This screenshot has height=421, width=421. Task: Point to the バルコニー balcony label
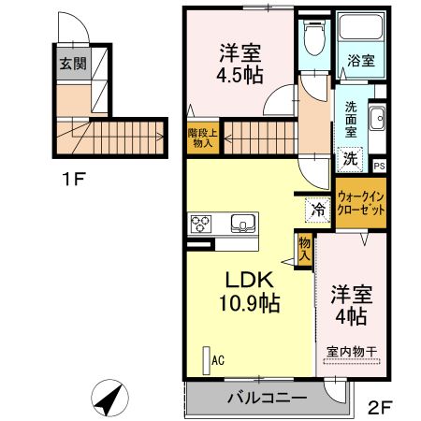[267, 399]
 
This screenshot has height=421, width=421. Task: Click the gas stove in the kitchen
[202, 224]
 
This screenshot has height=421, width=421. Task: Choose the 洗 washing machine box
[349, 158]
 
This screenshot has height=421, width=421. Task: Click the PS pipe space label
[379, 166]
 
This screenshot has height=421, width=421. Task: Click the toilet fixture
[314, 40]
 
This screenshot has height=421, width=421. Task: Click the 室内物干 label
[352, 352]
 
